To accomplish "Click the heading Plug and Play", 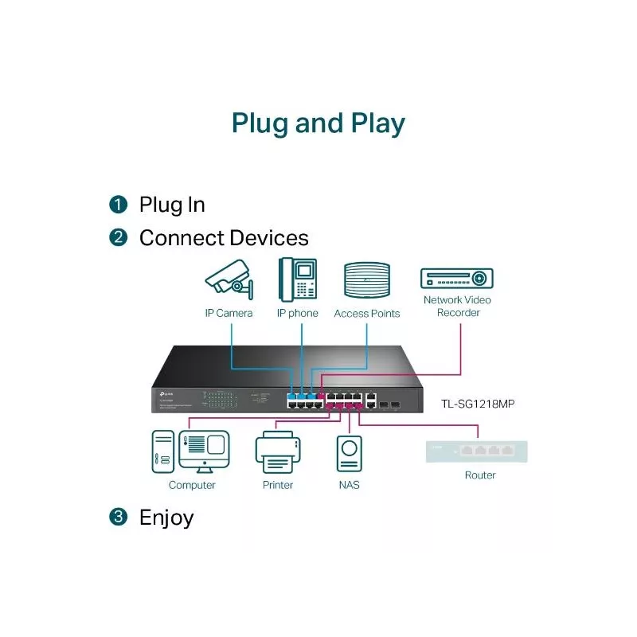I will click(318, 123).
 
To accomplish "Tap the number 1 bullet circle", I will click(118, 205).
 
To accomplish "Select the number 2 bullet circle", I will click(118, 237).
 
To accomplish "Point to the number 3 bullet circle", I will click(118, 517).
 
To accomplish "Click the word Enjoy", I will click(166, 517).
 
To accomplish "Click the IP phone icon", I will click(297, 279).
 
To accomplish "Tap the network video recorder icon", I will click(456, 278).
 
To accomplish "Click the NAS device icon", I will click(349, 453).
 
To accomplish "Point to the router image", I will click(476, 451).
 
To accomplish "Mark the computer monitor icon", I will click(205, 451).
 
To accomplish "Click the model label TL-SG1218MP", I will click(478, 404).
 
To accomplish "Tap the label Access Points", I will click(366, 314).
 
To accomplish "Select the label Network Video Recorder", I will click(457, 307).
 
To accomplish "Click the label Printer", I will click(277, 485).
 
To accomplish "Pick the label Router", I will click(480, 475).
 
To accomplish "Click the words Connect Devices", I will click(224, 237).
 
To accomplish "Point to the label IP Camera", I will click(229, 313).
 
